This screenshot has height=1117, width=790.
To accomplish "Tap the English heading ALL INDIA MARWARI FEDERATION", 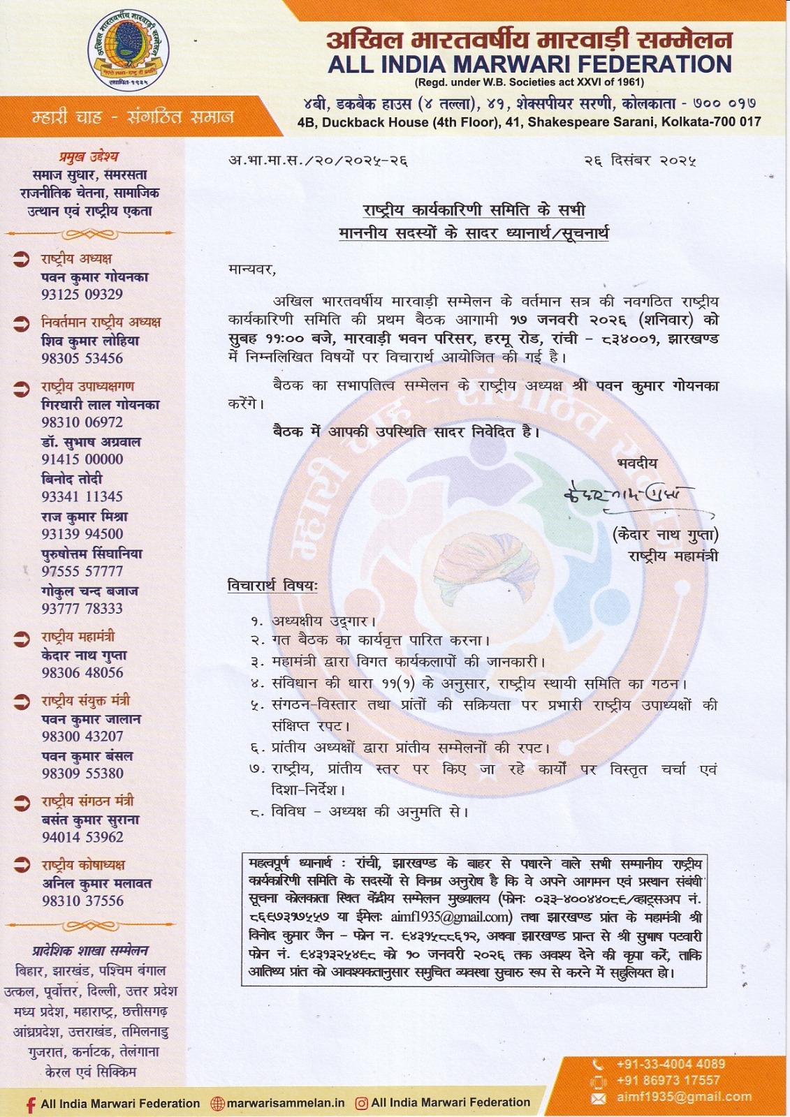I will [529, 65].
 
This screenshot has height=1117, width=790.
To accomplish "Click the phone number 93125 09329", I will [82, 295].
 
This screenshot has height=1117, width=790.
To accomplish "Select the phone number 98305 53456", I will [82, 359].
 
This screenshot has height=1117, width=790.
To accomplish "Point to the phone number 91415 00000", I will [82, 459].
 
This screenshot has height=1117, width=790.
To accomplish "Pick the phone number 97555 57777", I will [82, 571].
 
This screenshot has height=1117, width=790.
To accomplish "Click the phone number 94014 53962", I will [82, 837].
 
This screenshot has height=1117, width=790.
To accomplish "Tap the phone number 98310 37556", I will [82, 901].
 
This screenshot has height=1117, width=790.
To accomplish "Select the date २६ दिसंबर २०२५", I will [640, 161].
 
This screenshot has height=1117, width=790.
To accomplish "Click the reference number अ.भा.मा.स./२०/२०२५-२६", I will [318, 161].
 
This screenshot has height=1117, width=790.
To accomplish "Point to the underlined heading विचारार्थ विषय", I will [272, 586].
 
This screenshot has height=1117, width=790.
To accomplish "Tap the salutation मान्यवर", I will [251, 268].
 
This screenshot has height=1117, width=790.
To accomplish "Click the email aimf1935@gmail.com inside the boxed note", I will [447, 917].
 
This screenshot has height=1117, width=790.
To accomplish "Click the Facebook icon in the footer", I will [30, 1104].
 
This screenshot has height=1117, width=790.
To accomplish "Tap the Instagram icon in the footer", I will [362, 1104].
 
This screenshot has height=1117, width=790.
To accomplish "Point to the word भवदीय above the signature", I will [637, 464].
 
